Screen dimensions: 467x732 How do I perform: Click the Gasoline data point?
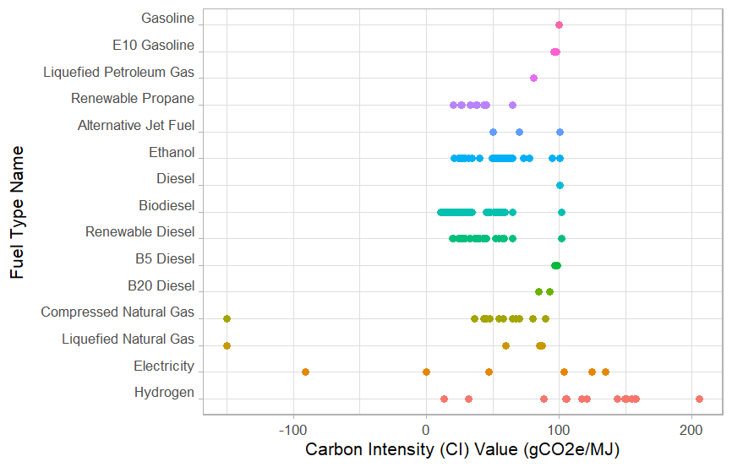559,25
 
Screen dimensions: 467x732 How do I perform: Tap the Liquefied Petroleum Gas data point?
533,78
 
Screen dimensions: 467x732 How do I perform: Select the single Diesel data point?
560,185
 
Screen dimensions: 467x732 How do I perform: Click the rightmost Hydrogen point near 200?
699,399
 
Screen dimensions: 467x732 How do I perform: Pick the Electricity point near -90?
305,372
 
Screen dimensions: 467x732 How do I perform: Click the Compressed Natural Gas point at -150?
227,318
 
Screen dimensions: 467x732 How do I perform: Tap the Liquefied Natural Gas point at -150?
227,345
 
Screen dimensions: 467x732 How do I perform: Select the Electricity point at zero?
426,372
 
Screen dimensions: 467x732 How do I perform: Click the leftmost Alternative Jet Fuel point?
493,132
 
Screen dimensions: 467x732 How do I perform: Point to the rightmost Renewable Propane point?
512,105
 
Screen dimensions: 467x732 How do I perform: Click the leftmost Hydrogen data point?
444,399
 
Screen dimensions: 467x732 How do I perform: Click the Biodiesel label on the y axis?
167,205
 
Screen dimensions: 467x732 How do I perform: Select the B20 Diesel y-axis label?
161,285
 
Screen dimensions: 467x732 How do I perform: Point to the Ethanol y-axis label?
172,153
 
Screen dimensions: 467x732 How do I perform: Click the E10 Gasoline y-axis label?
153,45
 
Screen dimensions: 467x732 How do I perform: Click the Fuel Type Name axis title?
17,212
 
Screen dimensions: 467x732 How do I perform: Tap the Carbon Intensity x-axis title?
462,449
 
